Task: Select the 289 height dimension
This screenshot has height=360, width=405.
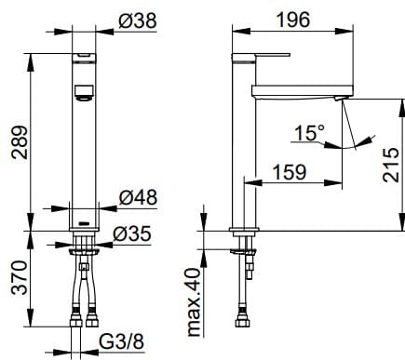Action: click(x=16, y=140)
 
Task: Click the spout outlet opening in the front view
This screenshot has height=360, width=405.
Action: click(x=85, y=92)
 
